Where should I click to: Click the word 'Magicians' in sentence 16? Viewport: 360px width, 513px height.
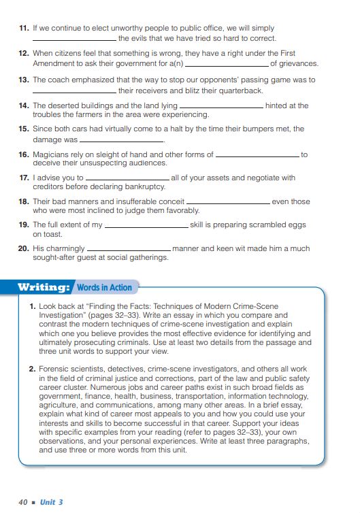pyautogui.click(x=52, y=154)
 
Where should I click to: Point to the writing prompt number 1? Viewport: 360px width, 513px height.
pyautogui.click(x=33, y=307)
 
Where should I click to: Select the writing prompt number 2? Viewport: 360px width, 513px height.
pyautogui.click(x=33, y=369)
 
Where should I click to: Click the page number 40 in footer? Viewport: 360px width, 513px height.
pyautogui.click(x=23, y=502)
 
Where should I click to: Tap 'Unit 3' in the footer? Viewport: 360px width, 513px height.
pyautogui.click(x=52, y=502)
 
